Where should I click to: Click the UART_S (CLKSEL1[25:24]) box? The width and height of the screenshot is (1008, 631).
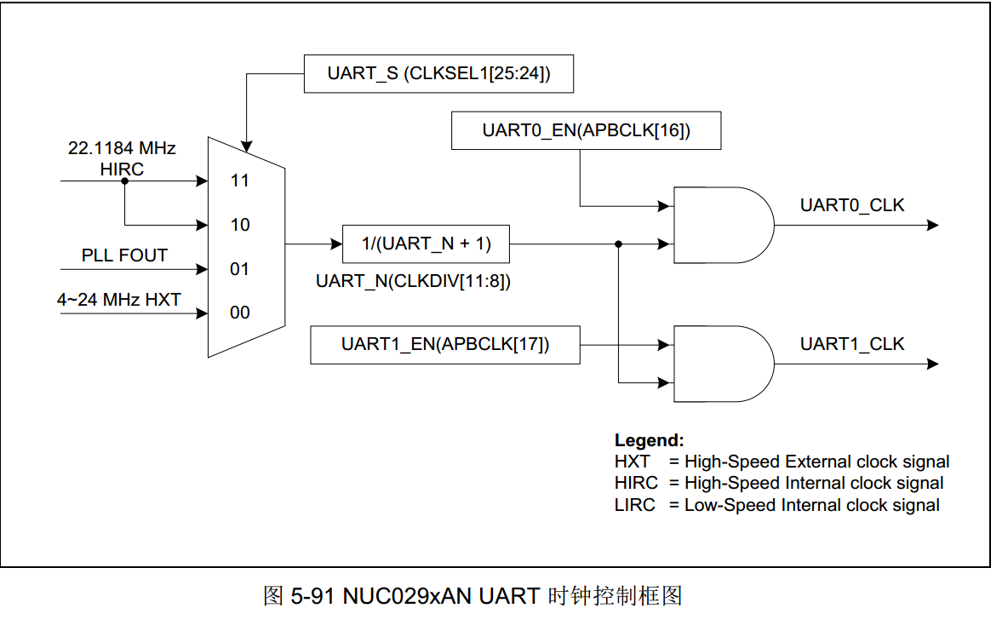tap(438, 73)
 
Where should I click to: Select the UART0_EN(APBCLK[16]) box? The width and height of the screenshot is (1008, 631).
tap(586, 130)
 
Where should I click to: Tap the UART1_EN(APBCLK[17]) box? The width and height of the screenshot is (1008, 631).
tap(445, 345)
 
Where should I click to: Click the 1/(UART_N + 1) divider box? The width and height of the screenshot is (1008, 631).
tap(426, 244)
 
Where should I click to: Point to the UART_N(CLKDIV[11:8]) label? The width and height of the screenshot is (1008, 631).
tap(413, 282)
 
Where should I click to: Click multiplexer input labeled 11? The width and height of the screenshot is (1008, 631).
tap(239, 181)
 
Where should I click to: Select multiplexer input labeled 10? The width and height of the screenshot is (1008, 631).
tap(239, 225)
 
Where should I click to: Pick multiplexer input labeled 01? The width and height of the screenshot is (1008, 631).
tap(239, 269)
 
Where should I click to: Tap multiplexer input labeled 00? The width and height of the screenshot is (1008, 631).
tap(239, 313)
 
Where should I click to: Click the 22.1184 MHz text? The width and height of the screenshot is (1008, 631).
tap(122, 148)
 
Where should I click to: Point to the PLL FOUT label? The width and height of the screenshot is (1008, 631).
tap(124, 255)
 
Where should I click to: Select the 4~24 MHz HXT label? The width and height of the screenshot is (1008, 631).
tap(118, 299)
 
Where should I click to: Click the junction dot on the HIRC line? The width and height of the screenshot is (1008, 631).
tap(124, 181)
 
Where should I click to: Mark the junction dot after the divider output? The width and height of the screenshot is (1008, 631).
tap(619, 244)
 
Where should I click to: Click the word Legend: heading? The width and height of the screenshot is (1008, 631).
tap(649, 441)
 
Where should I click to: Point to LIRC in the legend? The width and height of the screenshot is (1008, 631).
tap(635, 505)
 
